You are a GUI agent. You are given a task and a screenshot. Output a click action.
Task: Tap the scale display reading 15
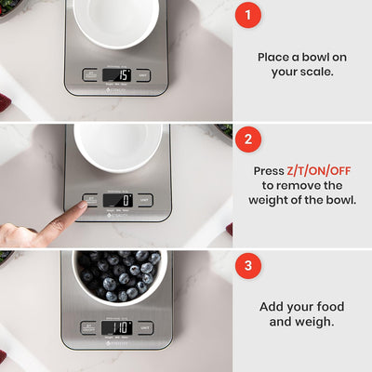[x=116, y=74]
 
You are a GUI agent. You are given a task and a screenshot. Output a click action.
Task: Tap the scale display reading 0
[x=116, y=199]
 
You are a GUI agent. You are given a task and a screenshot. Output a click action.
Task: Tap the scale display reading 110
[x=116, y=327]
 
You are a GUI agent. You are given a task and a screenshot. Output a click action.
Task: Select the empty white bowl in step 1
[x=116, y=20]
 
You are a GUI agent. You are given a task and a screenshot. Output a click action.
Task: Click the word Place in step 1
[x=273, y=57]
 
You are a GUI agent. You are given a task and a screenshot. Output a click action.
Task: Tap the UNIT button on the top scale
[x=144, y=74]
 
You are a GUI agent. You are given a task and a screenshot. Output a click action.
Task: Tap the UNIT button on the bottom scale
[x=144, y=327]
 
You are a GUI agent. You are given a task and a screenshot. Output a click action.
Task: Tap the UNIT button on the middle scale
[x=144, y=199]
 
